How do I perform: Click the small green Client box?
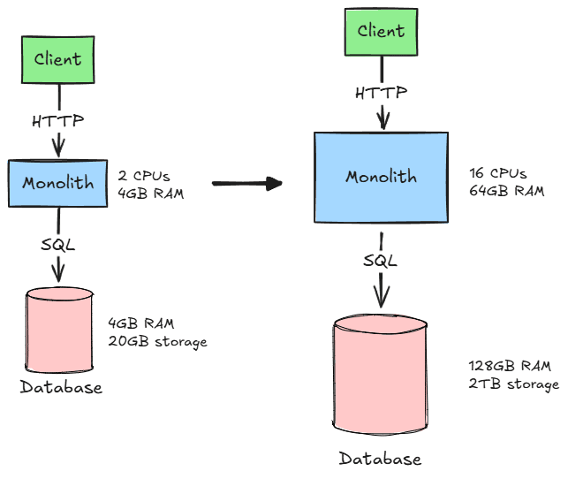pos(58,60)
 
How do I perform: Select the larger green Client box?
pos(381,32)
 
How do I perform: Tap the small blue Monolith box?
pos(57,183)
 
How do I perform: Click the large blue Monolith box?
pos(381,177)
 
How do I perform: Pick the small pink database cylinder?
pos(58,328)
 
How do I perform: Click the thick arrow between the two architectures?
pos(246,183)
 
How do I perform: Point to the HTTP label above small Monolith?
pos(58,121)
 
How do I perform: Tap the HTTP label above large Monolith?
pos(382,92)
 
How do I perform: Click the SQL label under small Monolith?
pos(57,243)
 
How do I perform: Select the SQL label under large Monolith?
pos(381,260)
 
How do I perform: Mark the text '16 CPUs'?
pos(498,173)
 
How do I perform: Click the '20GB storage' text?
pos(157,342)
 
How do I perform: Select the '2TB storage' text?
pos(513,384)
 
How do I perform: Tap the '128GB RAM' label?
pos(510,366)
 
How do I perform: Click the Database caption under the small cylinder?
pos(61,387)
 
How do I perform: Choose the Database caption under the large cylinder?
pos(381,459)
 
